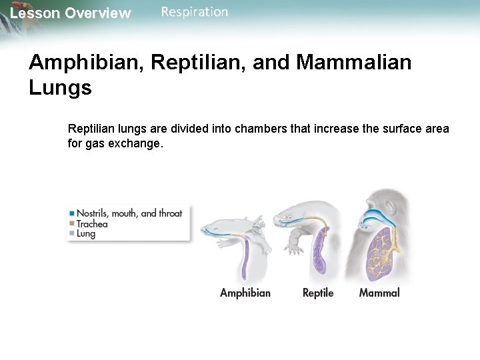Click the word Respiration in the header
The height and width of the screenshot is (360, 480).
point(194,12)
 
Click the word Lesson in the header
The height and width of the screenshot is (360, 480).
point(35,13)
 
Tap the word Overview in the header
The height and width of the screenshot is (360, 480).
point(98,13)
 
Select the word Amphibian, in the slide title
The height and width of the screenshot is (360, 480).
point(87,63)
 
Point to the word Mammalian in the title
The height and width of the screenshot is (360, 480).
point(354,63)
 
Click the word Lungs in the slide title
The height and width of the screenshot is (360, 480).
point(60,88)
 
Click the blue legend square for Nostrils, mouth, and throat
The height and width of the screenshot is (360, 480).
point(71,214)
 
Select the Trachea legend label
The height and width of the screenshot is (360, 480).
point(92,224)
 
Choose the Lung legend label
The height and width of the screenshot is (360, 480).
point(86,234)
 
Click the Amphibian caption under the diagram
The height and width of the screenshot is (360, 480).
point(245,293)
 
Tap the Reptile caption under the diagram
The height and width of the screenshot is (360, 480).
point(318,293)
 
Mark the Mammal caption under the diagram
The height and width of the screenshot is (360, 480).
point(379,293)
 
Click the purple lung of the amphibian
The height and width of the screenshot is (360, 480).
point(245,260)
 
